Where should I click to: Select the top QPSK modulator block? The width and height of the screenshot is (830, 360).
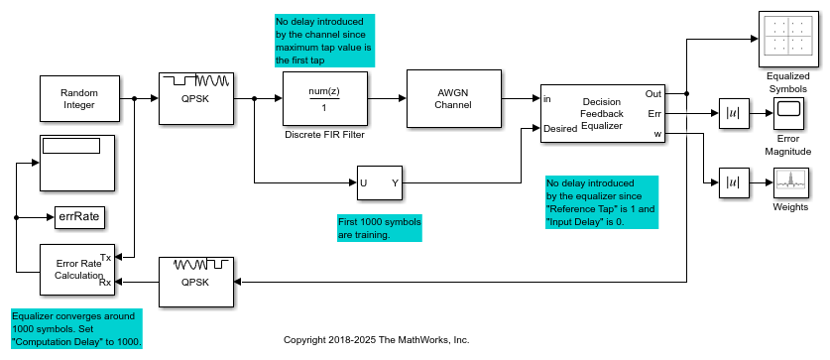point(196,97)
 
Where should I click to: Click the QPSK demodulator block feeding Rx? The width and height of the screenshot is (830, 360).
point(196,282)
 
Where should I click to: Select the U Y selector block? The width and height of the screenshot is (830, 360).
point(379,182)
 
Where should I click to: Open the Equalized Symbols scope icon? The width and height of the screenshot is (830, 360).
point(787,39)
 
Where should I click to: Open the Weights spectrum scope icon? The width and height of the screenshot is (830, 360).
point(787,182)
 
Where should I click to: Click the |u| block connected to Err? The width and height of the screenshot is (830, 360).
point(731,114)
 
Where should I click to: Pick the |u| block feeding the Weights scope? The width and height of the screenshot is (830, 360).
point(731,182)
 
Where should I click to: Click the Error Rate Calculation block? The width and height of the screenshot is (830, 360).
point(76,270)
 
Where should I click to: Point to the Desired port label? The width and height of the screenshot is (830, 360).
point(561,129)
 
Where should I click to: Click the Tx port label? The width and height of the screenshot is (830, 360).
point(105,257)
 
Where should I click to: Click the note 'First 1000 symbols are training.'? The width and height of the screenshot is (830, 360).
point(379,229)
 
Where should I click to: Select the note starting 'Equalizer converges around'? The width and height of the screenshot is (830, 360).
point(76,328)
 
